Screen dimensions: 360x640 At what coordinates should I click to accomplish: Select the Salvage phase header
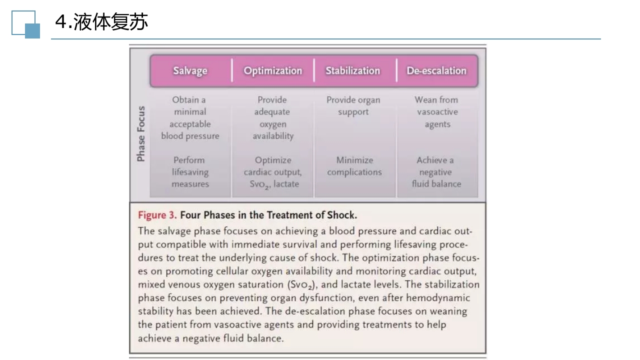pyautogui.click(x=190, y=70)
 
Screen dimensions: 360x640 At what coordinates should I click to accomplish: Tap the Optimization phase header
pyautogui.click(x=272, y=70)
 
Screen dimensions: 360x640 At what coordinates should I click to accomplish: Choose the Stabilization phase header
pyautogui.click(x=352, y=70)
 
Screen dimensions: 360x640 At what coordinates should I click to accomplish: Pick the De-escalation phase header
pyautogui.click(x=436, y=70)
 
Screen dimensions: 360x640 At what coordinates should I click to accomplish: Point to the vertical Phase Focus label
pyautogui.click(x=141, y=133)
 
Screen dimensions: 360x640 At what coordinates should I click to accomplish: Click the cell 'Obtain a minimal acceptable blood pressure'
pyautogui.click(x=190, y=118)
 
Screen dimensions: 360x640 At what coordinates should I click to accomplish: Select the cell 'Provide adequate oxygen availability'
pyautogui.click(x=272, y=118)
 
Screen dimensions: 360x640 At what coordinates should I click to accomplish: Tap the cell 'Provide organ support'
pyautogui.click(x=353, y=106)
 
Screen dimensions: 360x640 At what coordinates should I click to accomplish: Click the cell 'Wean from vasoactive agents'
pyautogui.click(x=436, y=112)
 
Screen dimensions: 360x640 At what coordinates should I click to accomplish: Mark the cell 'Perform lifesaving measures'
pyautogui.click(x=190, y=172)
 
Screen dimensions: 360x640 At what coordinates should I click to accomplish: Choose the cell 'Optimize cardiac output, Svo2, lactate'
pyautogui.click(x=272, y=172)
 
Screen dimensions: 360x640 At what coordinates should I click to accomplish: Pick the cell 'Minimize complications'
pyautogui.click(x=354, y=166)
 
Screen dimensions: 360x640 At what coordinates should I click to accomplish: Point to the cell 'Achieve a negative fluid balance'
pyautogui.click(x=436, y=172)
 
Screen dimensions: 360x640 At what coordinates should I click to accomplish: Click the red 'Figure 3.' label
pyautogui.click(x=157, y=215)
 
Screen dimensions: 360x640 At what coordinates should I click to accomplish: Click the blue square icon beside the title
pyautogui.click(x=32, y=30)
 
